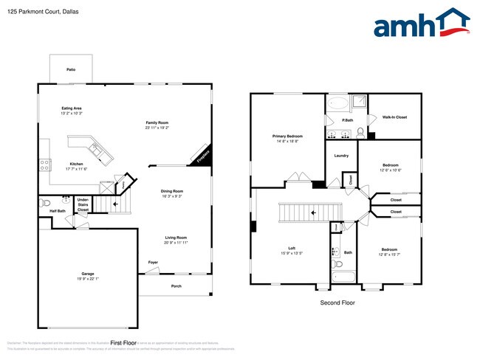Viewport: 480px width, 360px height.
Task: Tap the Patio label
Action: coord(71,69)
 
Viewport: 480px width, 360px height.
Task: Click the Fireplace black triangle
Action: coord(203,156)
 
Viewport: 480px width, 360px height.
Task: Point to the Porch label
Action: coord(176,285)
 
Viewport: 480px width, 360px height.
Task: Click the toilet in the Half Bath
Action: coord(45,201)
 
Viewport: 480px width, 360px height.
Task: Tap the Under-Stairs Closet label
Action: coord(83,204)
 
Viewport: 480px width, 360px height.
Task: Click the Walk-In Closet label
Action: coord(394,117)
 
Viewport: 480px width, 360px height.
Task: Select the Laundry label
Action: coord(341,156)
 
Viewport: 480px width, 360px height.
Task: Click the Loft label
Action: coord(292,249)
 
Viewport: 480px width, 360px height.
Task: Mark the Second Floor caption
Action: coord(337,303)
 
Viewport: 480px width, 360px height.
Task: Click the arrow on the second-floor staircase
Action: coord(312,212)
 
